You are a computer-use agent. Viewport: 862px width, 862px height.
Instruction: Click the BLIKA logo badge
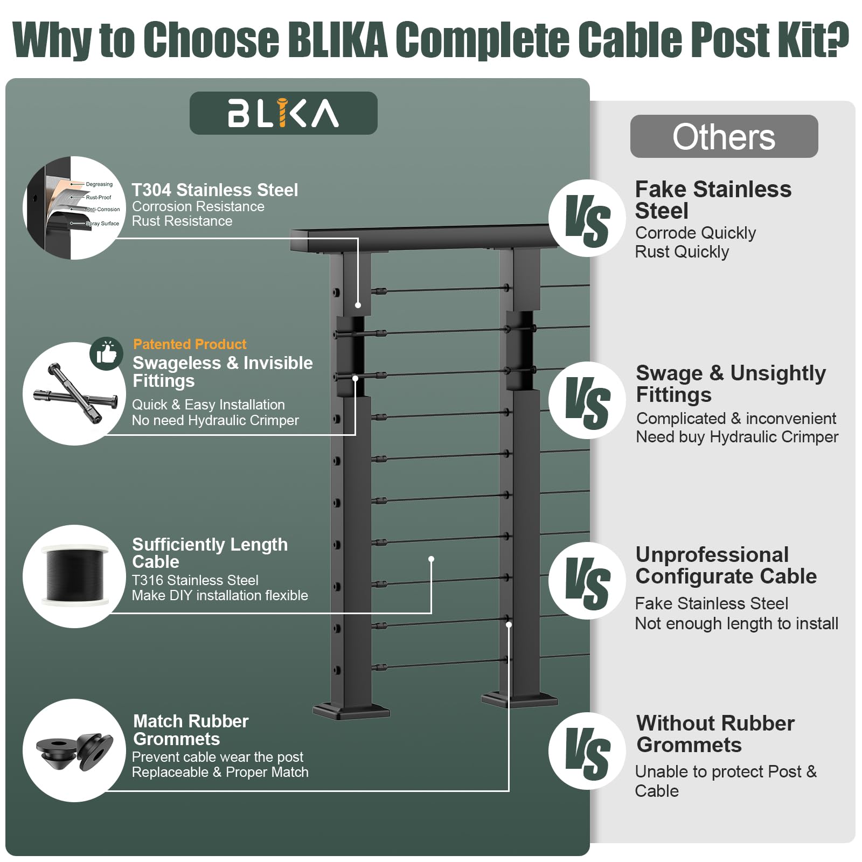coord(283,113)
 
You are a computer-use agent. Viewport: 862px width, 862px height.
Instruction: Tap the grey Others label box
coord(724,136)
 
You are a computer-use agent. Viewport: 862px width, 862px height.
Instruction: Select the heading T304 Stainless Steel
coord(215,190)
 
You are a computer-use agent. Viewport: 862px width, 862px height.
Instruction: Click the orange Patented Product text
coord(190,344)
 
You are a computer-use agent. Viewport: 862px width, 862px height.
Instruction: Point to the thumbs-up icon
coord(107,353)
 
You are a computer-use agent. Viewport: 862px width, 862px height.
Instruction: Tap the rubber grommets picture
coord(75,750)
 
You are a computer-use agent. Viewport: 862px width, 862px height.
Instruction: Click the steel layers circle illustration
coord(74,208)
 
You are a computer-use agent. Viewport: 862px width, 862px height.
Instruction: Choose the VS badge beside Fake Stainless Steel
coord(587,218)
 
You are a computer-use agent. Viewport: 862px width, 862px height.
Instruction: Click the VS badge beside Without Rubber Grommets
coord(587,751)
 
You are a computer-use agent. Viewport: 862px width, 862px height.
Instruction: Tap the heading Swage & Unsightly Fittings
coord(731,384)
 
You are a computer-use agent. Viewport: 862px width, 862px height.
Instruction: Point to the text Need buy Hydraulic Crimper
coord(737,437)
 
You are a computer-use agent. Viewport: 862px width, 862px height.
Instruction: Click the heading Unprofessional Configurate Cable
coord(726,565)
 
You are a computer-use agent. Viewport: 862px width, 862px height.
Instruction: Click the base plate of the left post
coord(351,711)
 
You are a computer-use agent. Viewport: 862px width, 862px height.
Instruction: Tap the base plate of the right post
coord(519,700)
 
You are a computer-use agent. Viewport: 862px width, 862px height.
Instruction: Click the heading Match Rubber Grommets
coord(191,730)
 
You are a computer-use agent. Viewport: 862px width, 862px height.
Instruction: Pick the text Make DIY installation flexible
coord(220,595)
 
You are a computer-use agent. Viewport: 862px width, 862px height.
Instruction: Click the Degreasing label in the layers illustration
coord(99,184)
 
